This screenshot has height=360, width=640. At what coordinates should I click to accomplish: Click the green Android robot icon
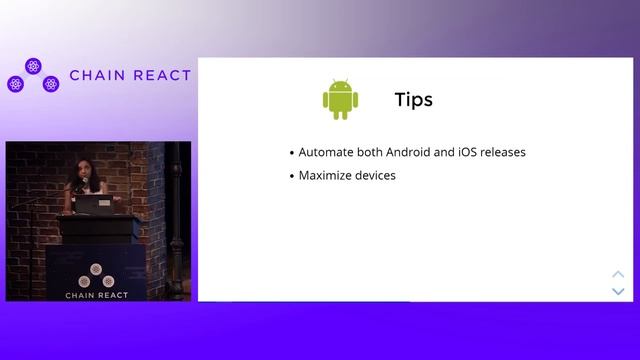point(340,99)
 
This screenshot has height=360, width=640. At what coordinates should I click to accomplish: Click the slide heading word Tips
point(413,100)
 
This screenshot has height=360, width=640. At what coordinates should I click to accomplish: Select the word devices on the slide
point(376,176)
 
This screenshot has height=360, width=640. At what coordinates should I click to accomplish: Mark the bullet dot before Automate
point(291,154)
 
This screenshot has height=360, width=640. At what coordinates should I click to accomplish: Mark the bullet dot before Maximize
point(291,177)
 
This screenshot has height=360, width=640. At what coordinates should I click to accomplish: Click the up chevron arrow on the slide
point(618,274)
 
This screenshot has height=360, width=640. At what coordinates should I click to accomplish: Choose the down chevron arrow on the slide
point(618,291)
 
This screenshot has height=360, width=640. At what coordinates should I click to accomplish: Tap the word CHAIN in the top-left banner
point(97,76)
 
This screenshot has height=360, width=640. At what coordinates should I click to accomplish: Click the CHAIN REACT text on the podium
point(95,295)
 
